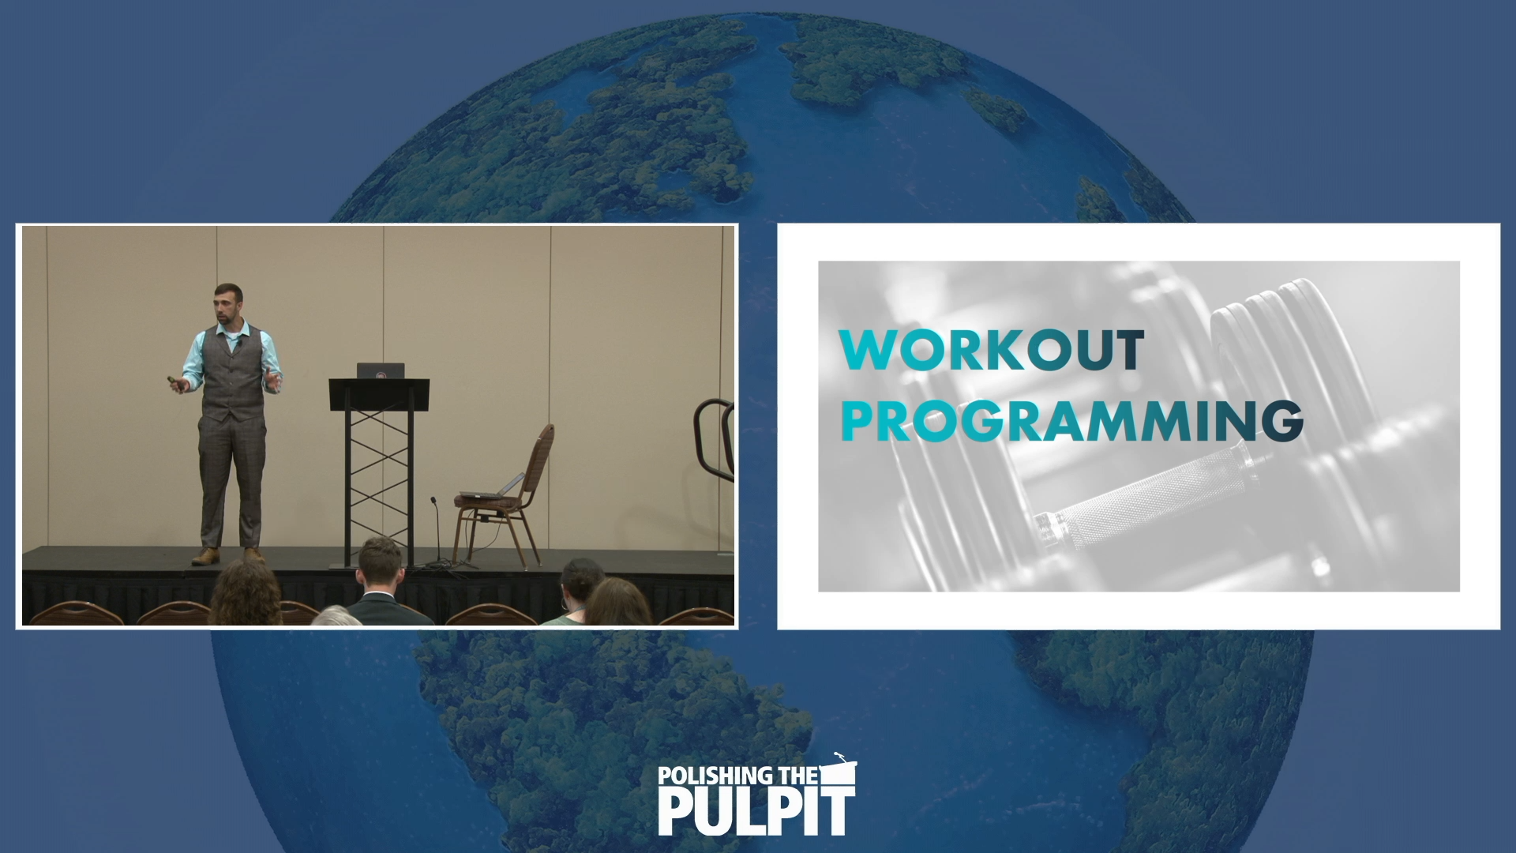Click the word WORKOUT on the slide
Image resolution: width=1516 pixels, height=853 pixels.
pos(991,350)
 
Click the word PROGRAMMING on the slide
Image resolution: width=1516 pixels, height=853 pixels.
pos(1071,421)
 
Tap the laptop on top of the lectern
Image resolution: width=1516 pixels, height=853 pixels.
pos(381,370)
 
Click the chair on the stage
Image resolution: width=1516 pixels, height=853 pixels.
pos(509,494)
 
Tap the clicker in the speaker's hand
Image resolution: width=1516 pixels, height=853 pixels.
pos(174,381)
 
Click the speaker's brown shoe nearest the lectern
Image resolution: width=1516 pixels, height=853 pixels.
pos(253,555)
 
